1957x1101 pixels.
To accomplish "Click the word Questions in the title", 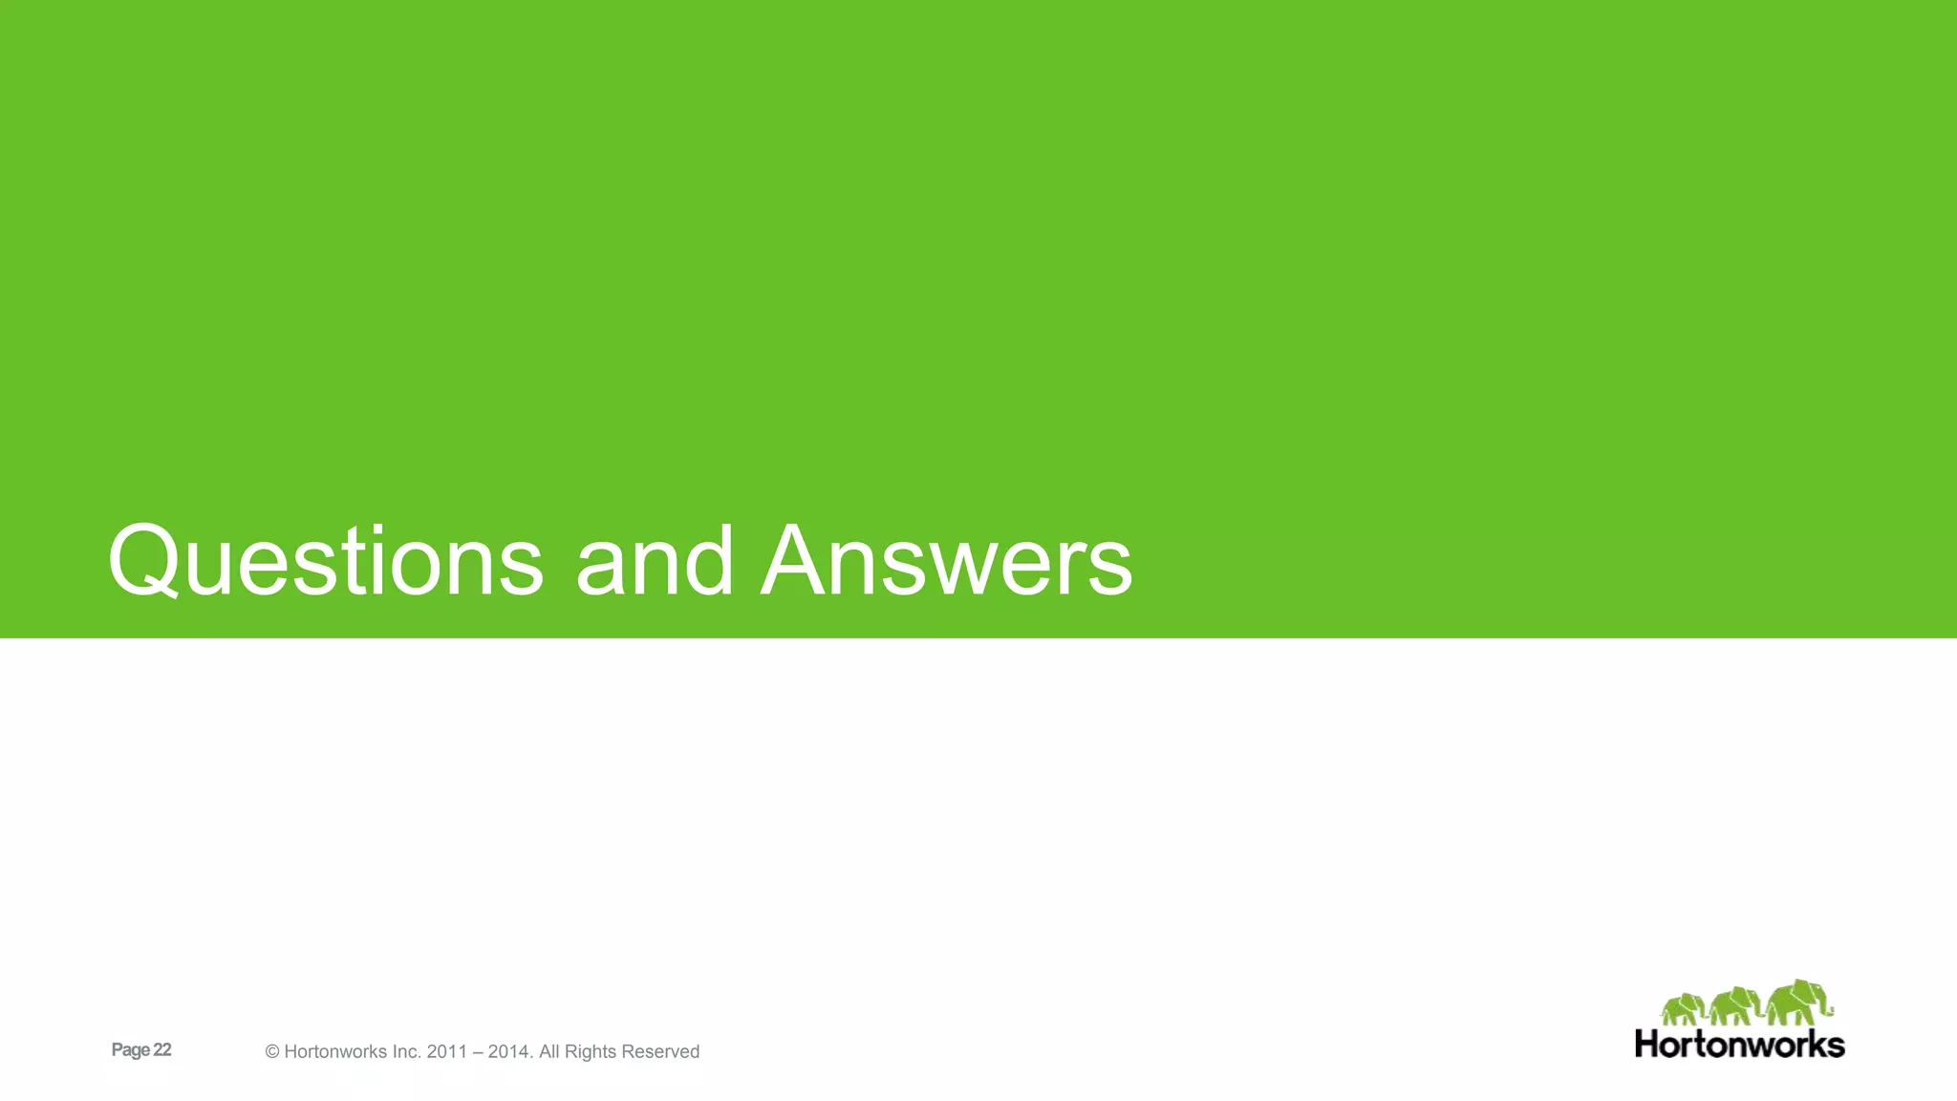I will point(325,562).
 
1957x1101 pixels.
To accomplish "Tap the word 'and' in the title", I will point(654,562).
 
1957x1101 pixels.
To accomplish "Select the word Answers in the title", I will point(946,562).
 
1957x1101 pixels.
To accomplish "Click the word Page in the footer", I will point(131,1050).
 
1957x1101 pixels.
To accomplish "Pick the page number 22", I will point(162,1049).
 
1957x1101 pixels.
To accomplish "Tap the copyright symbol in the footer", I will point(272,1052).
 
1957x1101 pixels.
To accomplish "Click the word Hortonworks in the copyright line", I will point(333,1052).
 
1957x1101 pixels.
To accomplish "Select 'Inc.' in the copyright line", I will point(404,1052).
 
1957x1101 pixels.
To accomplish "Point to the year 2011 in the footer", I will point(447,1052).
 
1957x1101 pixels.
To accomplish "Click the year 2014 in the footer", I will point(509,1052).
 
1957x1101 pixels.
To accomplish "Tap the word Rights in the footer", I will point(590,1052).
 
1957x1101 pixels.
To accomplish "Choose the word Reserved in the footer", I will point(661,1052).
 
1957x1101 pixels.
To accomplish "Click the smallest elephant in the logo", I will point(1683,1009).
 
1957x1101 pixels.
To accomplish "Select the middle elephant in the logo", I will point(1736,1006).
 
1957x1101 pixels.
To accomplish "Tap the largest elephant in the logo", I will point(1799,1003).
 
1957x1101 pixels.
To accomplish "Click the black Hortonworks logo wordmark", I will point(1739,1044).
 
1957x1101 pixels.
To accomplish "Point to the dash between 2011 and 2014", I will point(478,1052).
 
